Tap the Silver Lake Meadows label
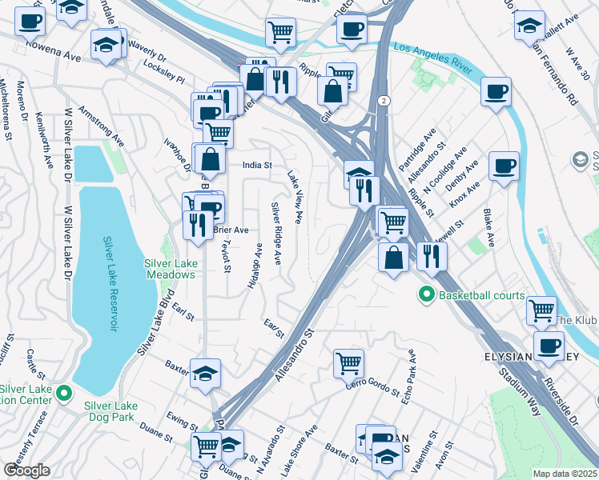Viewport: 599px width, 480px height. pyautogui.click(x=170, y=269)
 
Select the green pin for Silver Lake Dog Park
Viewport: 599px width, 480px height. pyautogui.click(x=68, y=392)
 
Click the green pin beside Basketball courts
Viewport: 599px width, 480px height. pyautogui.click(x=427, y=295)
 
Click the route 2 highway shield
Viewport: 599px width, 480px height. pyautogui.click(x=384, y=100)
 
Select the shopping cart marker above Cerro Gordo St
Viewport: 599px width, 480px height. pyautogui.click(x=349, y=362)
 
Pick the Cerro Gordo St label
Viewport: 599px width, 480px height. pyautogui.click(x=372, y=388)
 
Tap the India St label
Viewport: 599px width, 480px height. pyautogui.click(x=258, y=166)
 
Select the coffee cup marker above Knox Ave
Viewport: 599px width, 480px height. pyautogui.click(x=504, y=166)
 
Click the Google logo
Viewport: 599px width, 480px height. pyautogui.click(x=26, y=470)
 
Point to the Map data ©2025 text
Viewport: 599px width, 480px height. pyautogui.click(x=565, y=474)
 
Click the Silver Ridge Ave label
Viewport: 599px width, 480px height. pyautogui.click(x=276, y=233)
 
